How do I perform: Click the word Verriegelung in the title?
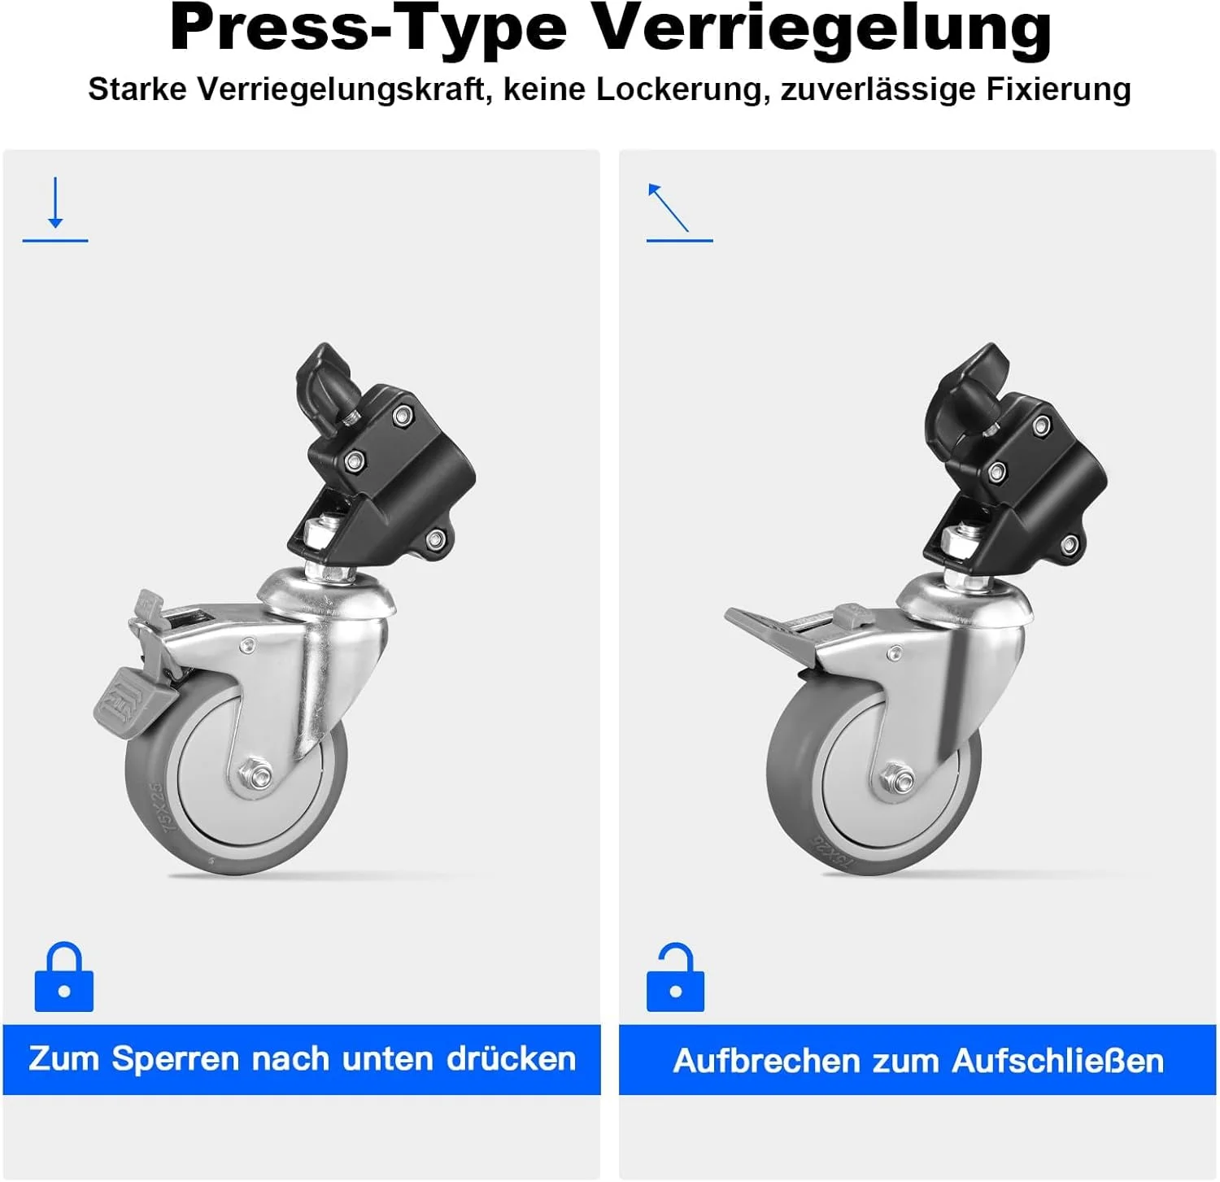pos(822,29)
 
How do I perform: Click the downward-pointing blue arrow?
pos(55,202)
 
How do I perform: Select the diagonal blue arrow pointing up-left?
pos(668,207)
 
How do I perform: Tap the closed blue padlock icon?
pos(64,977)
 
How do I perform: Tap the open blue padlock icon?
pos(675,977)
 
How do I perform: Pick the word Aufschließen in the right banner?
pos(1057,1061)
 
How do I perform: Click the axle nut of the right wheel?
pos(896,779)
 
